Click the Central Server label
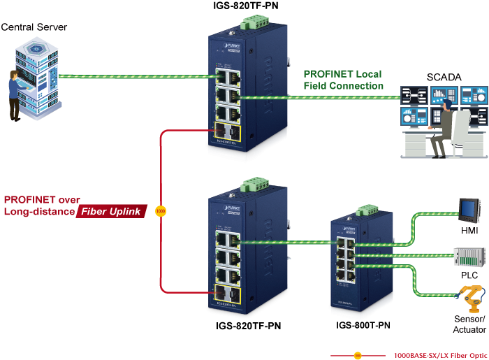(x=35, y=28)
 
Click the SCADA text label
(x=444, y=78)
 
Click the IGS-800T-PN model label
(x=361, y=325)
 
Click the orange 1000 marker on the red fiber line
(x=160, y=210)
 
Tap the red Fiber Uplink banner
(x=111, y=211)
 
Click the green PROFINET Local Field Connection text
(x=343, y=80)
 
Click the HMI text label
(x=469, y=230)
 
